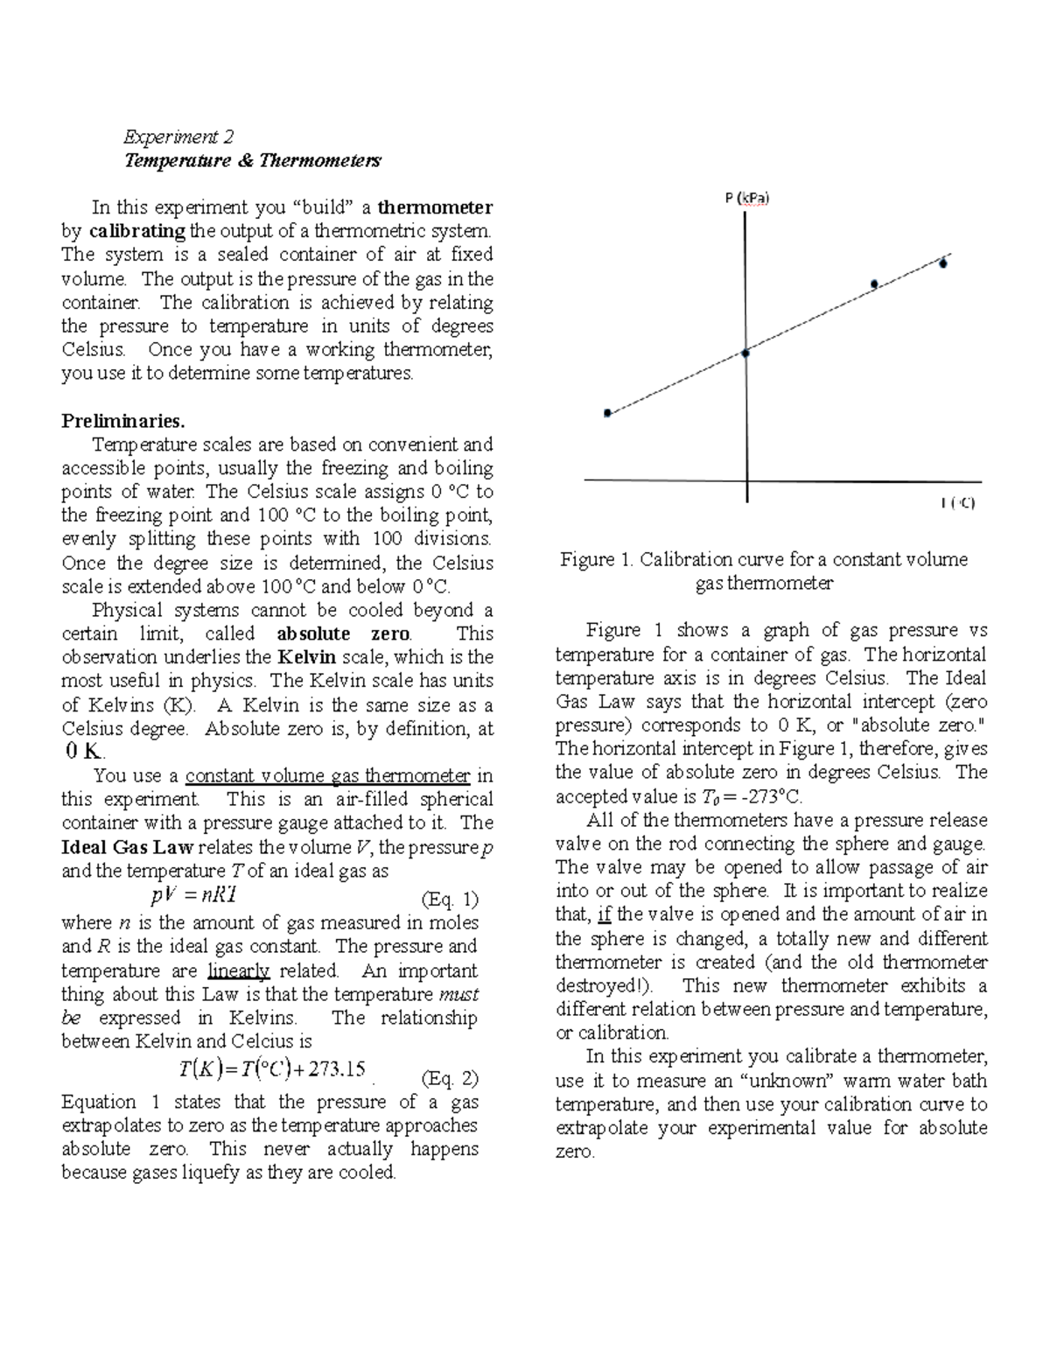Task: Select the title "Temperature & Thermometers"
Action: [253, 161]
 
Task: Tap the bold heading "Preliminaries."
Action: [123, 420]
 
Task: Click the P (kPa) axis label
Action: [746, 199]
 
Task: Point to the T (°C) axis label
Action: [958, 502]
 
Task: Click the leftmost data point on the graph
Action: [607, 413]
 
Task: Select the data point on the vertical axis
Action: [745, 353]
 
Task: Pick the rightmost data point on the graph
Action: [943, 263]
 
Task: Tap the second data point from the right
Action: [874, 284]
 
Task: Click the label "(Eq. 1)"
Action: [450, 899]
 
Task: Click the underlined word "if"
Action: [605, 914]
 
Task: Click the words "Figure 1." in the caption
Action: [597, 559]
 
